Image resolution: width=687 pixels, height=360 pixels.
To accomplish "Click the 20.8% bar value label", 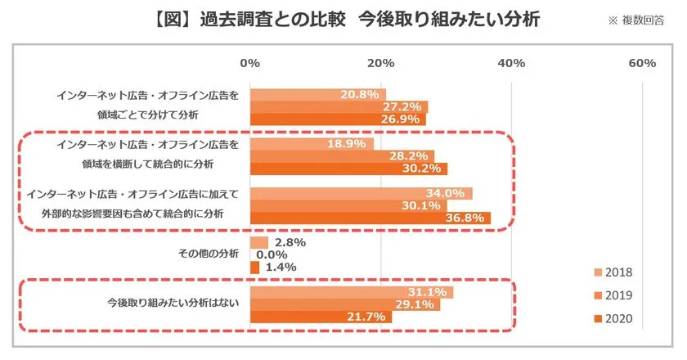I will (x=363, y=95).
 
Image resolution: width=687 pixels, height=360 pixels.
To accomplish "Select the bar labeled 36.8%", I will (x=370, y=218).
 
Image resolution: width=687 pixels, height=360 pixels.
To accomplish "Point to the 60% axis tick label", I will (x=642, y=63).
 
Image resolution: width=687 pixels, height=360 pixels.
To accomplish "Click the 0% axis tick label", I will (x=249, y=63).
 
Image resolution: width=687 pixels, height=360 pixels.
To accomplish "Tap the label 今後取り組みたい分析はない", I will (x=173, y=304).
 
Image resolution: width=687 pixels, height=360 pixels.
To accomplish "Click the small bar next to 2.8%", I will (x=258, y=243).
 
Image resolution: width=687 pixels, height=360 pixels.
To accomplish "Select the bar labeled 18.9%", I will (x=311, y=144).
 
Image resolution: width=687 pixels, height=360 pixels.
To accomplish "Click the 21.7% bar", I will (x=321, y=317).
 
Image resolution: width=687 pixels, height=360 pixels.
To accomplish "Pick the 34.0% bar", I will (x=361, y=193).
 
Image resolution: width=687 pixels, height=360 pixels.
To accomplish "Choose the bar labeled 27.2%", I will (x=339, y=107).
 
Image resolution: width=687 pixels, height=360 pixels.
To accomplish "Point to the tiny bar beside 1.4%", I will (x=254, y=268).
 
